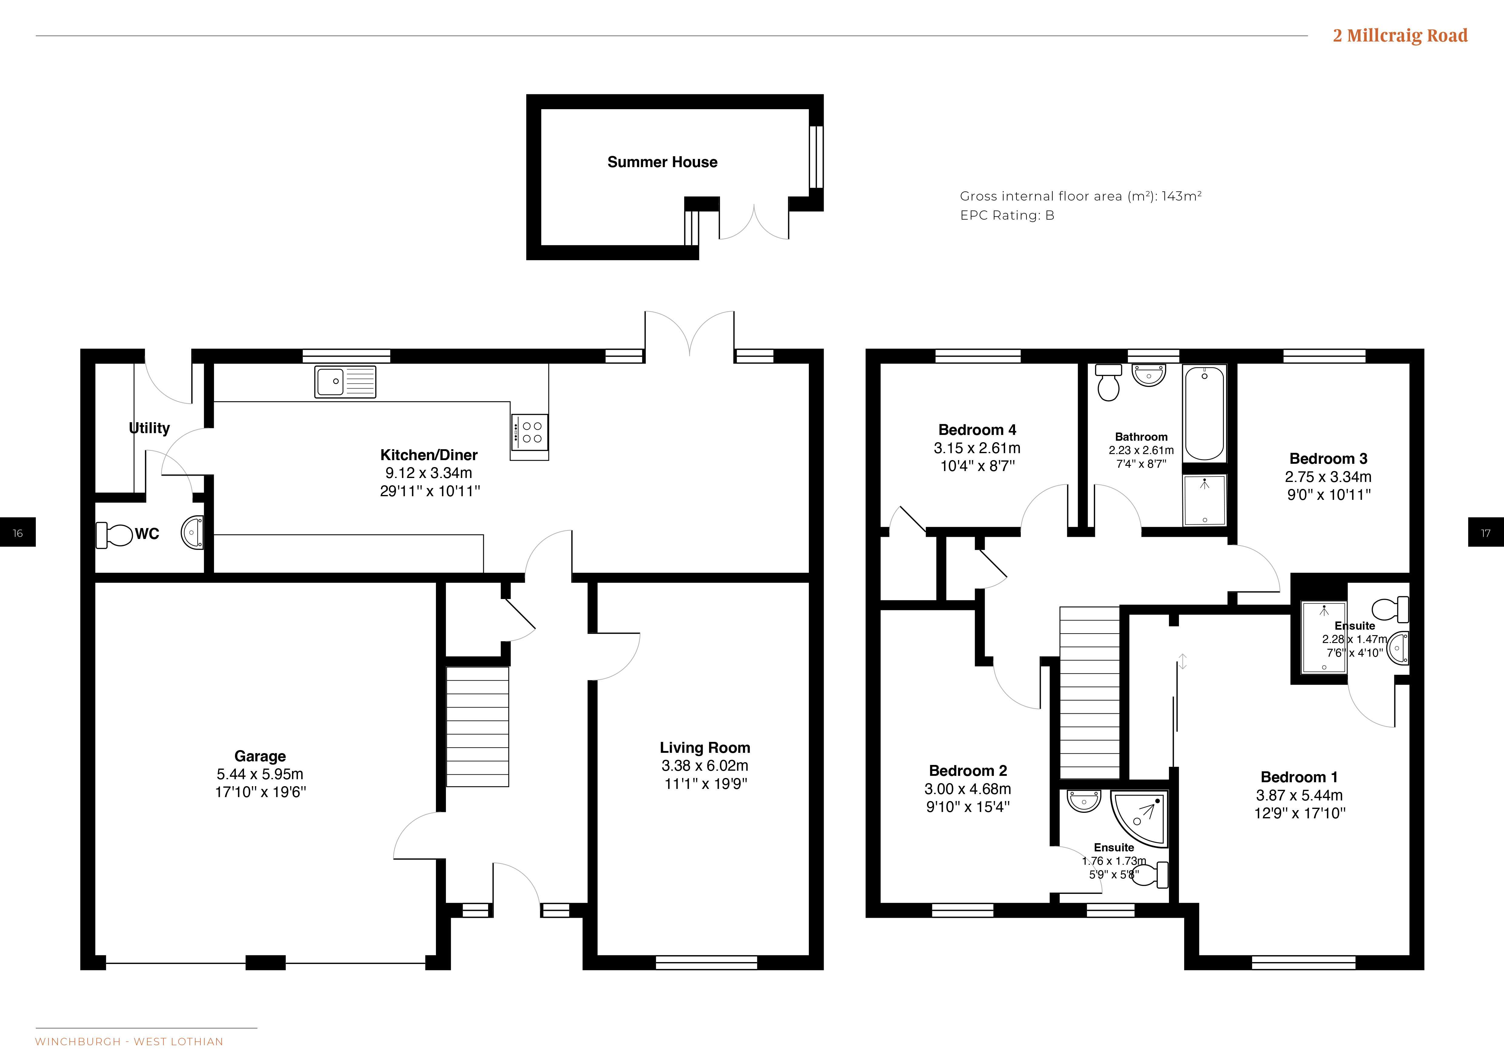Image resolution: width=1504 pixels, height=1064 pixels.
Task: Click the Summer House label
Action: pyautogui.click(x=662, y=162)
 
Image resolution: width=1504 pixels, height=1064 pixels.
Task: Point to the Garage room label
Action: pyautogui.click(x=260, y=756)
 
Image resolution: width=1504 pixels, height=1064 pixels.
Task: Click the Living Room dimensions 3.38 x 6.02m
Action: pyautogui.click(x=705, y=765)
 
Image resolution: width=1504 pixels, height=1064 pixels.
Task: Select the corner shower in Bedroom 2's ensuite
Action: pyautogui.click(x=1140, y=820)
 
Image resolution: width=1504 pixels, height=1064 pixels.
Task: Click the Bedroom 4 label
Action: pyautogui.click(x=977, y=430)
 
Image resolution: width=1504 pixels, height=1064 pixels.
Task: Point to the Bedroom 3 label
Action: pyautogui.click(x=1328, y=459)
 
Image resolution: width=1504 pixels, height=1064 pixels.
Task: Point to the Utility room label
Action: pyautogui.click(x=149, y=428)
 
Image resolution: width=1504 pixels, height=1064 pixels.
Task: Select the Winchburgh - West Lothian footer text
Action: pyautogui.click(x=129, y=1041)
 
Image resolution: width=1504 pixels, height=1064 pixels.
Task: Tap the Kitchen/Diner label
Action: pyautogui.click(x=429, y=455)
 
